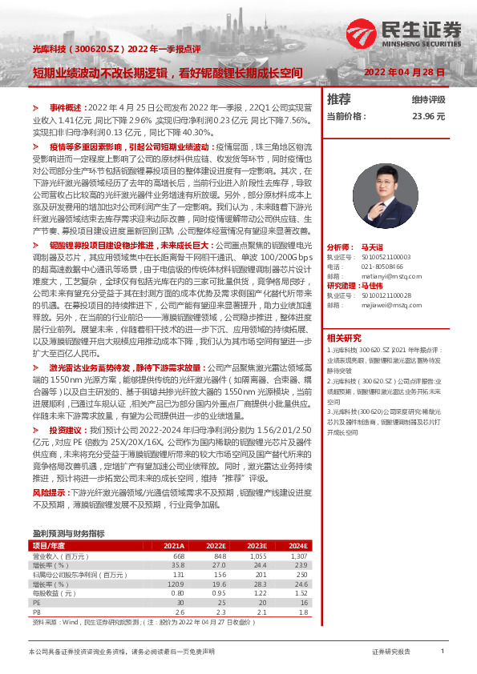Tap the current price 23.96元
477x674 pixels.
pyautogui.click(x=429, y=116)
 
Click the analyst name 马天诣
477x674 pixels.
pyautogui.click(x=372, y=227)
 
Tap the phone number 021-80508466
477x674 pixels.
pyautogui.click(x=376, y=243)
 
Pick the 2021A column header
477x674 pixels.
pyautogui.click(x=173, y=545)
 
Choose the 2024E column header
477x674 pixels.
pyautogui.click(x=297, y=545)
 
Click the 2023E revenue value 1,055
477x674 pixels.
pyautogui.click(x=257, y=556)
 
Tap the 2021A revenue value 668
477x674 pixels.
pyautogui.click(x=178, y=556)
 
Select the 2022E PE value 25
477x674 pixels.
pyautogui.click(x=222, y=601)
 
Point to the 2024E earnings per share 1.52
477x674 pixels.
pyautogui.click(x=301, y=592)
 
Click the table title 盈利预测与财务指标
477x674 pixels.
pyautogui.click(x=68, y=532)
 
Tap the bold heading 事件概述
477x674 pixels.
pyautogui.click(x=65, y=106)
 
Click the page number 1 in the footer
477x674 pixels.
pyautogui.click(x=443, y=652)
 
